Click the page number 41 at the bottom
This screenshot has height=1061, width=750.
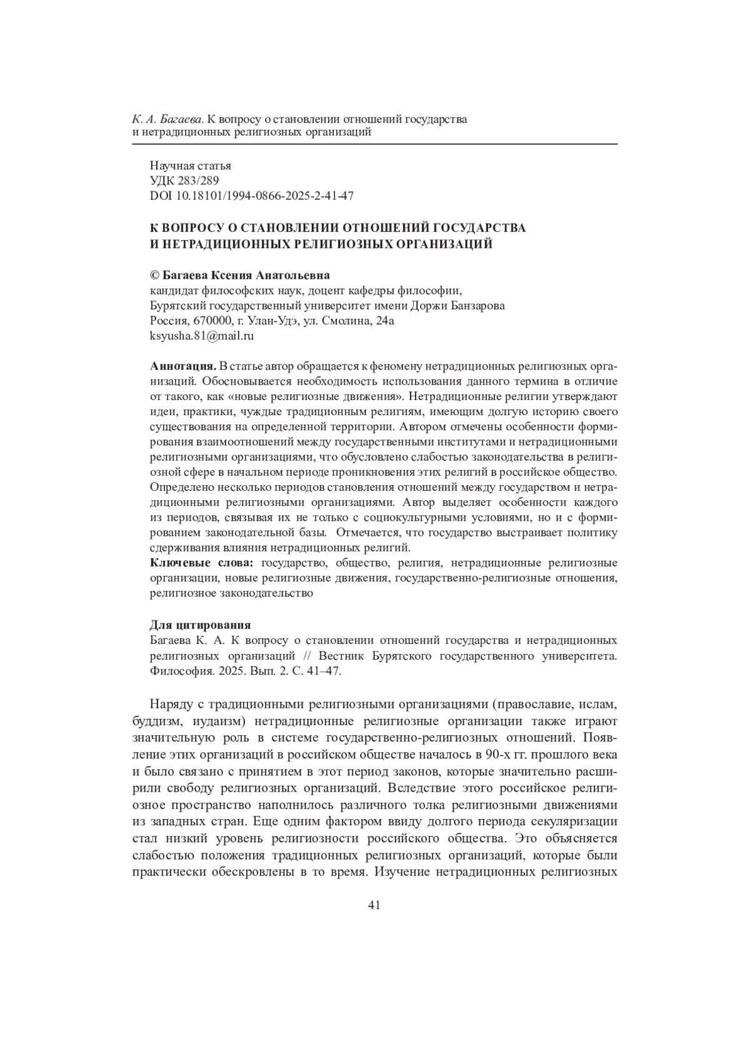(x=374, y=906)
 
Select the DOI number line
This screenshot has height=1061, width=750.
(x=252, y=196)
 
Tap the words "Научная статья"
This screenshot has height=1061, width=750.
(x=191, y=166)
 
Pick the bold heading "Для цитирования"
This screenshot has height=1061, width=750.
(x=200, y=625)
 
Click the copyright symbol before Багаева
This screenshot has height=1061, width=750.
(x=155, y=276)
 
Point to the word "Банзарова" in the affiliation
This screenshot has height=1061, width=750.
(x=478, y=306)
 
